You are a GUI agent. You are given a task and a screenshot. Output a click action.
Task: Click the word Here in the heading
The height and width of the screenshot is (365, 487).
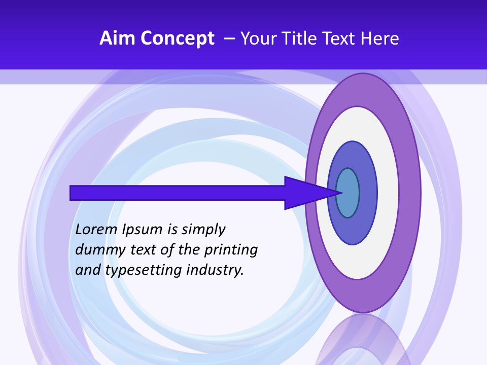pyautogui.click(x=380, y=39)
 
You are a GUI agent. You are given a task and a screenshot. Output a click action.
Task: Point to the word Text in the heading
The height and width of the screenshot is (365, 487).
pyautogui.click(x=342, y=39)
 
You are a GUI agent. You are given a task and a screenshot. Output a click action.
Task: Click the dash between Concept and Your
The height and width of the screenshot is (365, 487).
pyautogui.click(x=229, y=39)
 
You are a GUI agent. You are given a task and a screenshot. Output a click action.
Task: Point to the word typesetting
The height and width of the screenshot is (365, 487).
pyautogui.click(x=144, y=270)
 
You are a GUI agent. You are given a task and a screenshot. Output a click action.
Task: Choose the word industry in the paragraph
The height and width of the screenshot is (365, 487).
pyautogui.click(x=215, y=270)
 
